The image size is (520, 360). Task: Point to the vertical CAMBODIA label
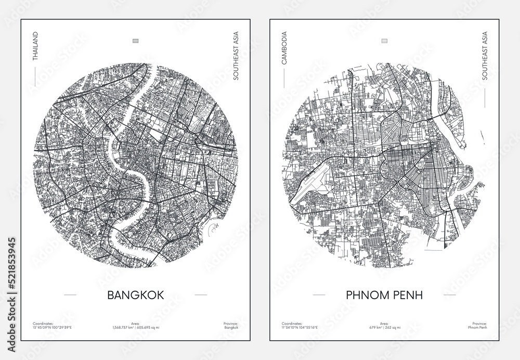(284, 48)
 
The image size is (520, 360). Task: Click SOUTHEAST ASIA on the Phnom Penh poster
(485, 58)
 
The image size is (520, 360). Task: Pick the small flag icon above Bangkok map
(135, 40)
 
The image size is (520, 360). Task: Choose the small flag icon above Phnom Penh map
(384, 40)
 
